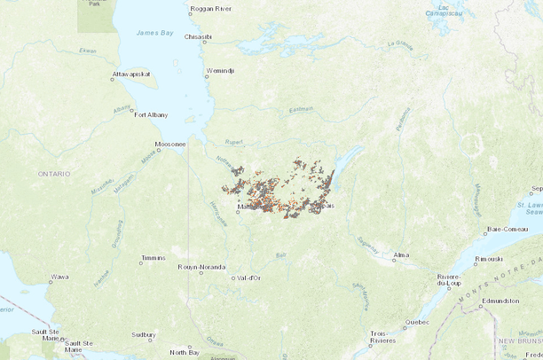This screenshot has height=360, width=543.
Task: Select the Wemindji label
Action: coord(220,69)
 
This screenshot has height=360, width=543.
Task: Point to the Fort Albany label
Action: coord(151,114)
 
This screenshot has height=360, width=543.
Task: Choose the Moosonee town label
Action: coord(170,144)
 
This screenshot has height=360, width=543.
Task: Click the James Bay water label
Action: coord(154,33)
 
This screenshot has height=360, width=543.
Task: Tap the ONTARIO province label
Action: coord(53,175)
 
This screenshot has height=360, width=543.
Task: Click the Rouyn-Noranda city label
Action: coord(201,267)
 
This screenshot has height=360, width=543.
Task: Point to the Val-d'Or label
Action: coord(248,278)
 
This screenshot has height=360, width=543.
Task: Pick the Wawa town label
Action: coord(59,278)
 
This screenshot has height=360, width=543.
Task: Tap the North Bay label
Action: coord(185,351)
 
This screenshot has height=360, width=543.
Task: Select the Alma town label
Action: coord(401,254)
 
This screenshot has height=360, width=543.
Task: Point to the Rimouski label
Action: coord(489,259)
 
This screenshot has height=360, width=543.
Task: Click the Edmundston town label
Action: coord(500,301)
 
